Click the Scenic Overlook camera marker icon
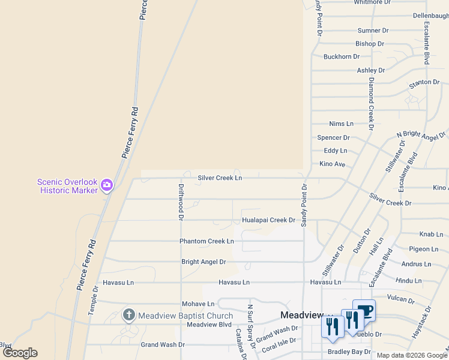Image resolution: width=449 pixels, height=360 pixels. click(x=107, y=185)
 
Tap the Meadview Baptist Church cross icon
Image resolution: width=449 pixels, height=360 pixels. click(x=128, y=315)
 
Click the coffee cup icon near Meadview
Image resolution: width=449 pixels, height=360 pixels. click(x=364, y=311)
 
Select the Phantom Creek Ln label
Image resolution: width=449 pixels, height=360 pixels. click(x=206, y=241)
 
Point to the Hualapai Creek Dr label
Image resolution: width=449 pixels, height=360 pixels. click(x=268, y=220)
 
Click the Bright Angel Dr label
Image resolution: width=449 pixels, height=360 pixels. click(x=203, y=262)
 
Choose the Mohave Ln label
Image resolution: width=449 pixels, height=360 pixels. click(x=198, y=304)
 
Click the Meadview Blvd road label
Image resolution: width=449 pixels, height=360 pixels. click(x=209, y=325)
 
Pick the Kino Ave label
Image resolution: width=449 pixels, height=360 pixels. click(x=332, y=164)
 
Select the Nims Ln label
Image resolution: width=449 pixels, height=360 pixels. click(x=341, y=124)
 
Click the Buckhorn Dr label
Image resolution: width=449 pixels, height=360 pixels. click(x=341, y=57)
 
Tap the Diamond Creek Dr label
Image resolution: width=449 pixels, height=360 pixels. click(x=372, y=103)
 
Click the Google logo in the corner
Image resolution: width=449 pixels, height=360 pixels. click(x=20, y=353)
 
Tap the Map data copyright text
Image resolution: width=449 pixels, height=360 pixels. click(x=412, y=355)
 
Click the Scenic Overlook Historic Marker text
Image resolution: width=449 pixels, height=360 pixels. click(x=67, y=186)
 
